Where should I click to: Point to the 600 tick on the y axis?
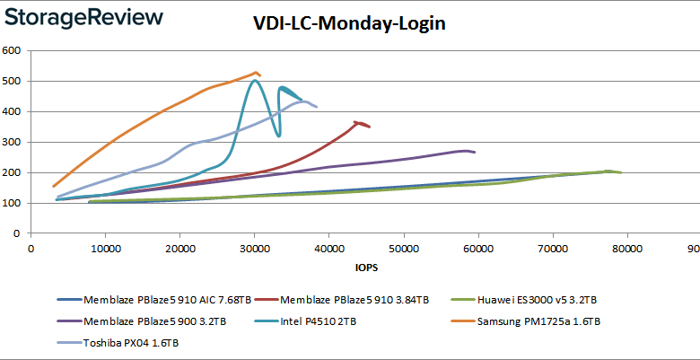(13, 50)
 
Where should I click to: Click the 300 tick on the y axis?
(13, 142)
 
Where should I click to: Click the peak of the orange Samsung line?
(257, 72)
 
